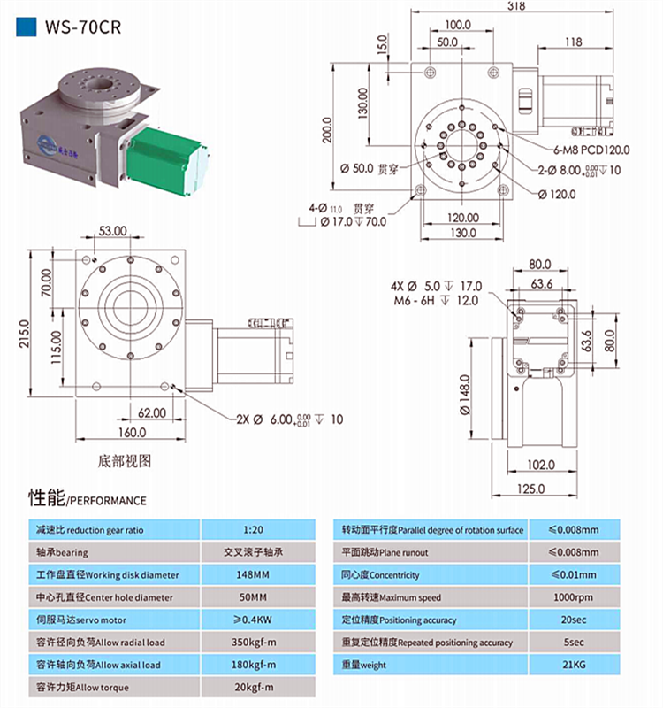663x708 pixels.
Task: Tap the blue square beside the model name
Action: click(27, 25)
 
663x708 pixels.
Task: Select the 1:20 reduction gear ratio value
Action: click(257, 530)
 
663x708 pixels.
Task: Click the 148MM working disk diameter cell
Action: click(257, 575)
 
